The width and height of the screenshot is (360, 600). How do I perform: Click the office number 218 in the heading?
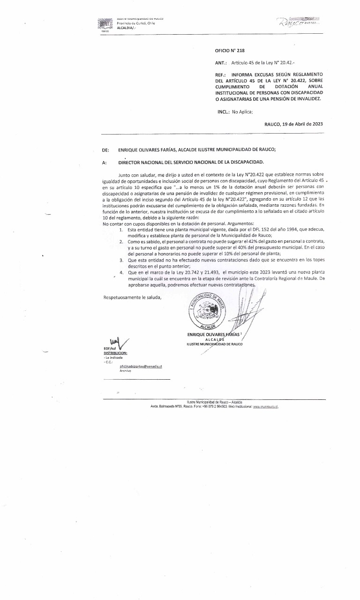click(241, 50)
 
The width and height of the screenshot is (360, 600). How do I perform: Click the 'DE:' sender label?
click(105, 150)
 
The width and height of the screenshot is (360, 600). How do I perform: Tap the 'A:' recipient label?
click(104, 163)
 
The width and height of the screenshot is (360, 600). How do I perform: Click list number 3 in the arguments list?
click(121, 259)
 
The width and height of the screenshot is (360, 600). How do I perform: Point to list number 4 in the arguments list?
click(121, 272)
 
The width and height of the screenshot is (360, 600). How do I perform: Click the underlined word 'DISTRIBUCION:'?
click(115, 352)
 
